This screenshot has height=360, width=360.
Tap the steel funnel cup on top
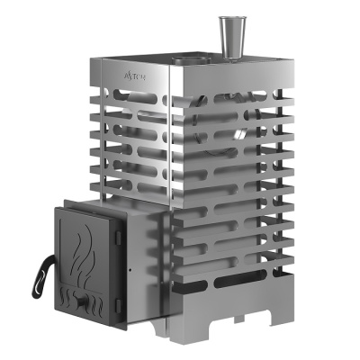coord(226,39)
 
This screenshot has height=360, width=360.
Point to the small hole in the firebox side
coord(132,268)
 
